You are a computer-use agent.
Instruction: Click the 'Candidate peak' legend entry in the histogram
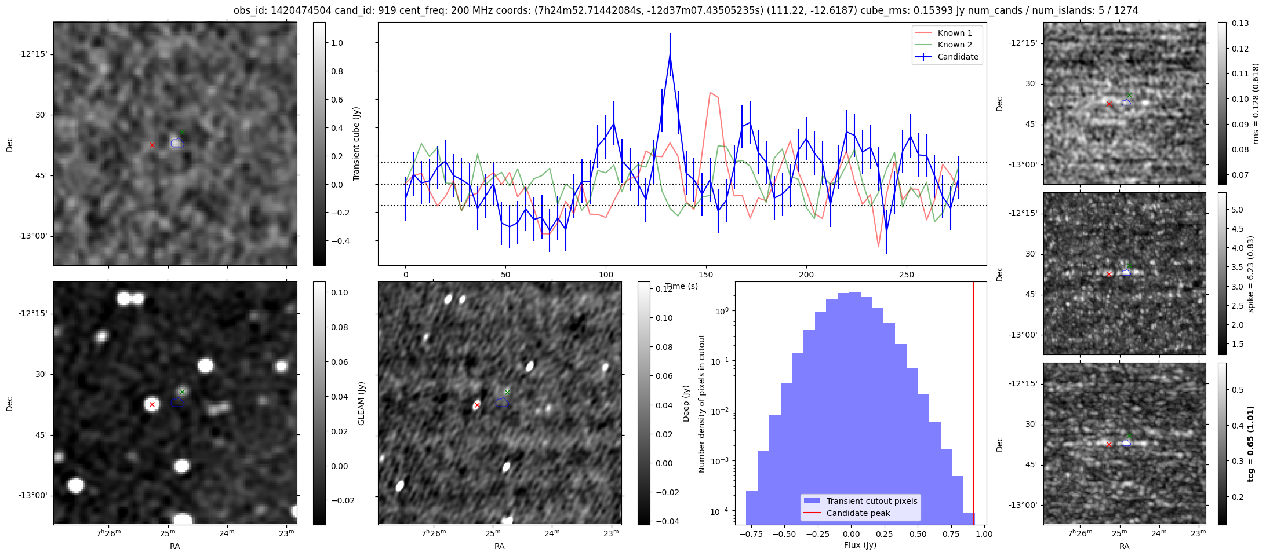(858, 513)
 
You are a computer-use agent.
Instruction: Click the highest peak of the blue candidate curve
(670, 56)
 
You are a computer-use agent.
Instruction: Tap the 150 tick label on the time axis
(705, 275)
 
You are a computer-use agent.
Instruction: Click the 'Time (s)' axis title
(681, 286)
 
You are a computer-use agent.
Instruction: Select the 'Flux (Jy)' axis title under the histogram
(860, 545)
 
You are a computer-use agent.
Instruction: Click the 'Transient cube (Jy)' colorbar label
(356, 144)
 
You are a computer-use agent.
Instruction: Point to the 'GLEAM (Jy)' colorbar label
(361, 403)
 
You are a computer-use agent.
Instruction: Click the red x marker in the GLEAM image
(152, 404)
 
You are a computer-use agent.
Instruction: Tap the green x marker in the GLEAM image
(182, 392)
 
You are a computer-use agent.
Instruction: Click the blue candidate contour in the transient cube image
(177, 142)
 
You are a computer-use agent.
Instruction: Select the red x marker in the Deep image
(477, 405)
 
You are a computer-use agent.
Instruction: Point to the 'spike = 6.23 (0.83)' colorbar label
(1250, 273)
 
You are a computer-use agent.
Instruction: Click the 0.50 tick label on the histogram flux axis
(918, 534)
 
